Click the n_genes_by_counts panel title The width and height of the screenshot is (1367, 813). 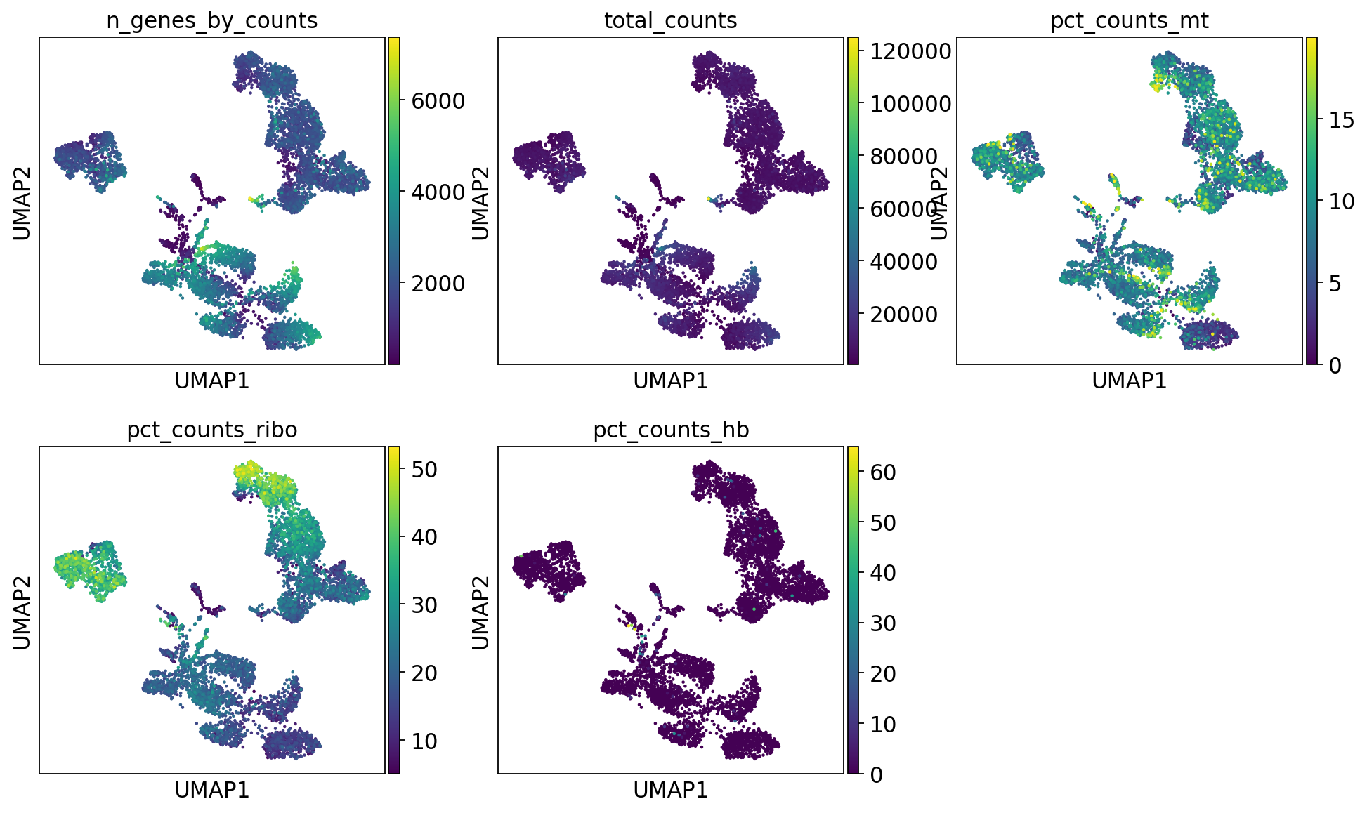(211, 21)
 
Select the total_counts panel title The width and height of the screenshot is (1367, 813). (670, 21)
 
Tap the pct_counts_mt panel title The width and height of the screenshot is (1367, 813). (1129, 21)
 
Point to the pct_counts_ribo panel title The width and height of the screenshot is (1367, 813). (211, 430)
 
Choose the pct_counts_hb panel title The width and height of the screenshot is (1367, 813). (670, 430)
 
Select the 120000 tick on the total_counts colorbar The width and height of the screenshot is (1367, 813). (910, 51)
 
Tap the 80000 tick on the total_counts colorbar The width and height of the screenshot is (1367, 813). (903, 157)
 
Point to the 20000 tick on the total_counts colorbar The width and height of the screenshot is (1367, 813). (903, 315)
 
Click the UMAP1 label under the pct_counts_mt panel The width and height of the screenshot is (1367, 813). (1129, 381)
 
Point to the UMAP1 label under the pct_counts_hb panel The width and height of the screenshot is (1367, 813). (670, 791)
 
